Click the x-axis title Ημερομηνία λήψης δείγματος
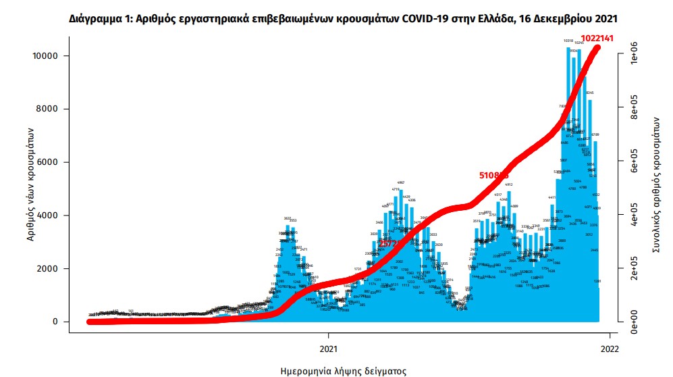(344, 370)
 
